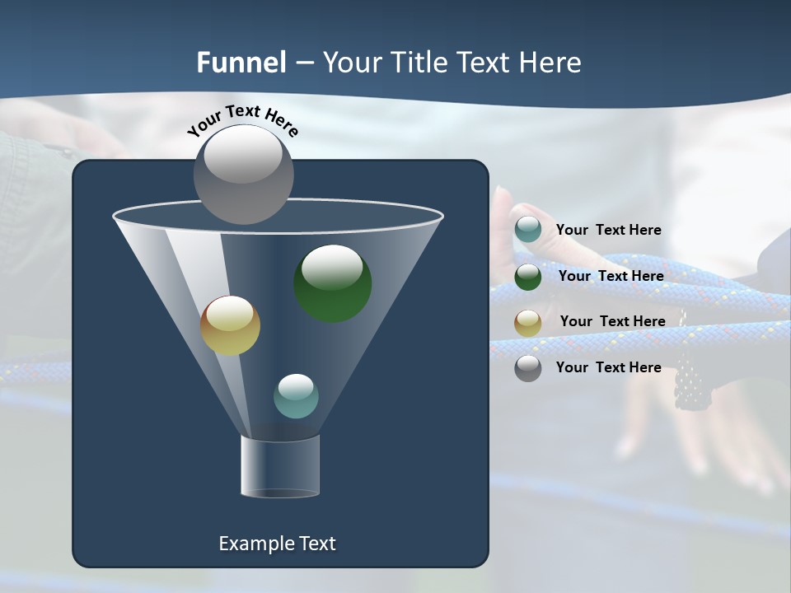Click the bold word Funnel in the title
pos(241,63)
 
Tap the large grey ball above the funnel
pos(243,174)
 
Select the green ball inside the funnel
pos(333,283)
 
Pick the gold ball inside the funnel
pos(230,325)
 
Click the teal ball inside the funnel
pos(296,396)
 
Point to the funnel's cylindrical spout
pos(280,466)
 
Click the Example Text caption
pos(277,544)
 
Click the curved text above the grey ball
pos(242,120)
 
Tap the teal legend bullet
pos(528,230)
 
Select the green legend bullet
pos(528,277)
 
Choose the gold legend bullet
pos(528,322)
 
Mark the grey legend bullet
pos(528,368)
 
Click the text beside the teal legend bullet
pos(608,230)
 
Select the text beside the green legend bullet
pos(611,276)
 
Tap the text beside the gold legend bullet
pos(612,321)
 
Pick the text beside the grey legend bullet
pos(608,367)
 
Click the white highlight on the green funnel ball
pos(332,266)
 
